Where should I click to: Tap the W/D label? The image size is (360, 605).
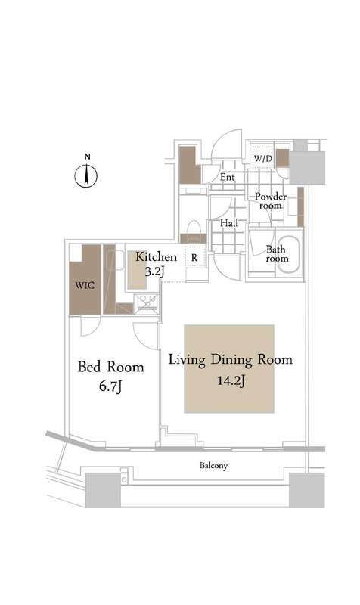pyautogui.click(x=262, y=159)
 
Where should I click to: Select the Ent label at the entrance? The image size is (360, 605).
pyautogui.click(x=228, y=178)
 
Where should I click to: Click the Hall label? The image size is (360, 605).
pyautogui.click(x=229, y=224)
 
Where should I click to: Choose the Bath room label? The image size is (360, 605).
pyautogui.click(x=277, y=253)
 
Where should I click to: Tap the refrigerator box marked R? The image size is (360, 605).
pyautogui.click(x=194, y=258)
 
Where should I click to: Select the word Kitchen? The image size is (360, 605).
pyautogui.click(x=156, y=257)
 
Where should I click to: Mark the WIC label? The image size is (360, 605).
pyautogui.click(x=83, y=287)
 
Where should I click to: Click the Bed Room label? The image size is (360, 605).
pyautogui.click(x=111, y=368)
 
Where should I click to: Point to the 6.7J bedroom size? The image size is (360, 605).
pyautogui.click(x=111, y=389)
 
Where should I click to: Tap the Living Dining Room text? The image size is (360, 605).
pyautogui.click(x=230, y=360)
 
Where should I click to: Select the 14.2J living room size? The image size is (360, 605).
pyautogui.click(x=230, y=382)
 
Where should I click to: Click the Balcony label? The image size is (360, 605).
pyautogui.click(x=214, y=466)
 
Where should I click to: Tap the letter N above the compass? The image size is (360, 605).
pyautogui.click(x=88, y=157)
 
